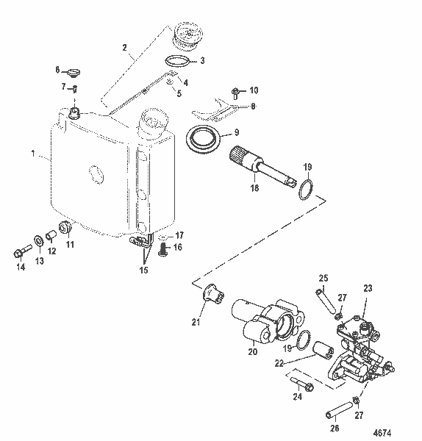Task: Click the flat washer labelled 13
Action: (x=37, y=241)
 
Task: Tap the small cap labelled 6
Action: (x=71, y=73)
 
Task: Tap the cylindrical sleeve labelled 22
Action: (x=323, y=348)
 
